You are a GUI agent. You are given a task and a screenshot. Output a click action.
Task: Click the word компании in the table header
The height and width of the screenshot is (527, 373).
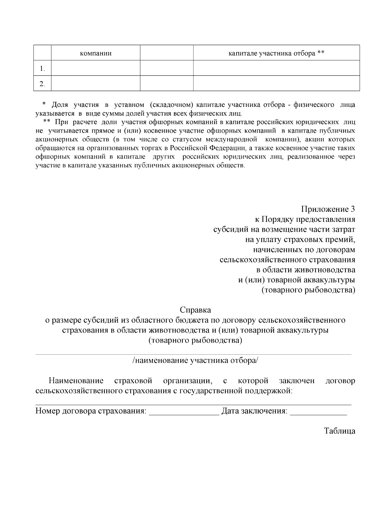[96, 53]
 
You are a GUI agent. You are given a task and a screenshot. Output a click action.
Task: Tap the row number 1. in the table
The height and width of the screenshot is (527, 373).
[42, 69]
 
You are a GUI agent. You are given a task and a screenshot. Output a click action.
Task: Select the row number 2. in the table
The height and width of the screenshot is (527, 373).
[42, 84]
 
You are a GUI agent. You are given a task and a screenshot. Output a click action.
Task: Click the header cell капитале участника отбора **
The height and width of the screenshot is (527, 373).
[276, 53]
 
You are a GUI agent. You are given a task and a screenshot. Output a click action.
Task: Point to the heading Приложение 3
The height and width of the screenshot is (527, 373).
[328, 209]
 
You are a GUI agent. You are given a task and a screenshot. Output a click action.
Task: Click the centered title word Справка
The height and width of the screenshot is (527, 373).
[195, 310]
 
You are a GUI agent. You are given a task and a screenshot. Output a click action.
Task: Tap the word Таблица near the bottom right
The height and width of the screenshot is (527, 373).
[339, 431]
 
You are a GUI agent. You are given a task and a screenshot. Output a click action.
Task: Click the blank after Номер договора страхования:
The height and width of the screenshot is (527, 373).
[184, 412]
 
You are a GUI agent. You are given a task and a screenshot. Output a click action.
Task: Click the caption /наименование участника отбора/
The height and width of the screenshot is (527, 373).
[195, 361]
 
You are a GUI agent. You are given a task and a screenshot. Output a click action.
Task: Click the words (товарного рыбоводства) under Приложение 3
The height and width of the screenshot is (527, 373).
[308, 290]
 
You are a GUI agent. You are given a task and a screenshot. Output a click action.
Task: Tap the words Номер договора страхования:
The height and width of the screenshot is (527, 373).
[91, 411]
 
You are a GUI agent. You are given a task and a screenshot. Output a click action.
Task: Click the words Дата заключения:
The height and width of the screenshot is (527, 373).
[254, 411]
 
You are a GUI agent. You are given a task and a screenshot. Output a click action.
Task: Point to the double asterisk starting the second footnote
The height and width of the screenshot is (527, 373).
[47, 122]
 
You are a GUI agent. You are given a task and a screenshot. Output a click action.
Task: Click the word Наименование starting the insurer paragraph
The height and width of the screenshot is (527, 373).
[76, 381]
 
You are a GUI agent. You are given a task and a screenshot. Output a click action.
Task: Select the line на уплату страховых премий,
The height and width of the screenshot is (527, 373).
[300, 239]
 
